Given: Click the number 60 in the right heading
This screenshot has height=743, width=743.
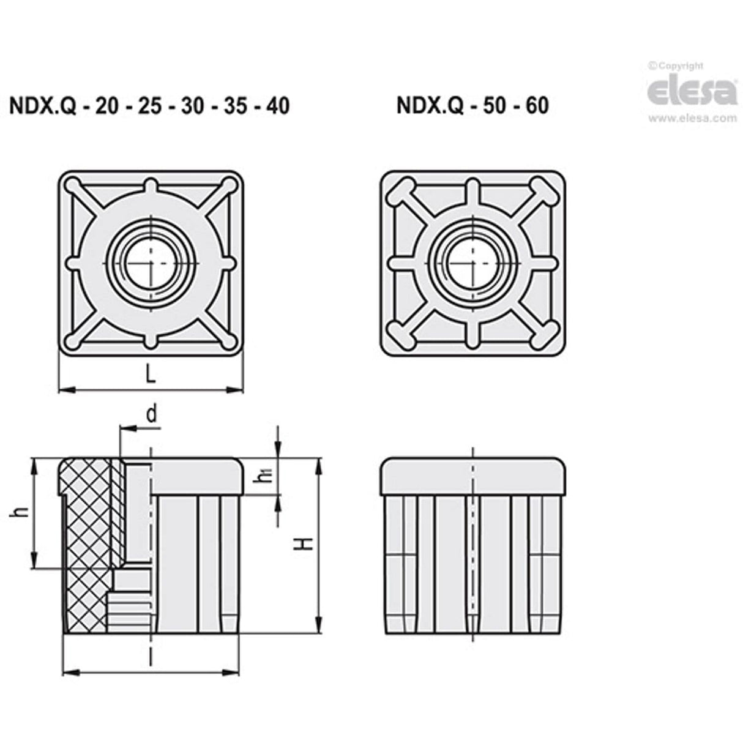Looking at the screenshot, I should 536,105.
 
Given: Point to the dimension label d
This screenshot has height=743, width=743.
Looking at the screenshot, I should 152,415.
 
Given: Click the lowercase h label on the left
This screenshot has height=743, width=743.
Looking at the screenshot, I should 20,513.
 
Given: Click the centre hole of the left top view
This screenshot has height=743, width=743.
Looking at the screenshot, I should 150,263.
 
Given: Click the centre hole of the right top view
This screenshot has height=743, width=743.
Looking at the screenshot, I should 472,263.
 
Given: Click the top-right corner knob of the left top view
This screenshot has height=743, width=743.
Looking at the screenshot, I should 229,184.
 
